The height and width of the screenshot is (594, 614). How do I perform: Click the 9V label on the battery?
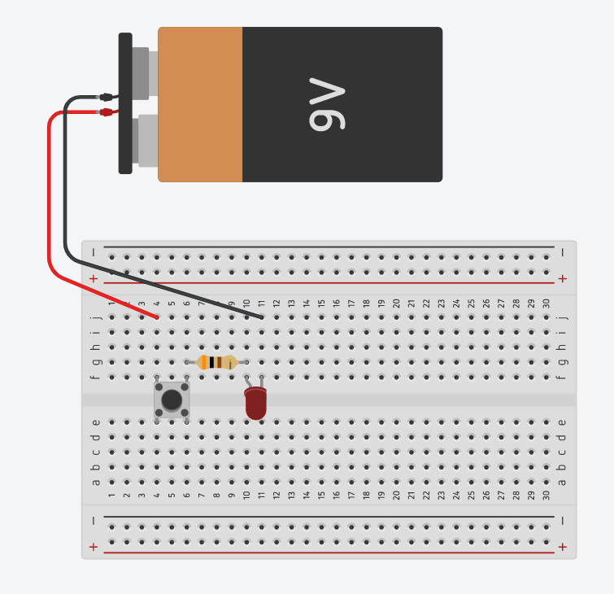328,105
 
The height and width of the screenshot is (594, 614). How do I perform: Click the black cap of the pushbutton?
172,400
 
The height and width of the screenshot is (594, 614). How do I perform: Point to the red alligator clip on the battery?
106,112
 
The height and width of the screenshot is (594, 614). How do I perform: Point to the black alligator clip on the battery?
106,97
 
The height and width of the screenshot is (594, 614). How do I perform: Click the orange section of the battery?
201,104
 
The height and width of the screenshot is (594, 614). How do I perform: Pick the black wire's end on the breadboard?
261,317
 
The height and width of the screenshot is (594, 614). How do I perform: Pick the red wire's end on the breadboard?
157,317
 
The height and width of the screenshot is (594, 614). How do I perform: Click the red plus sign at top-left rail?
94,278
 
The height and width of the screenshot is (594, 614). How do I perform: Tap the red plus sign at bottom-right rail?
563,547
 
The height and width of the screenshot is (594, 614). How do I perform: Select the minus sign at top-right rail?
563,252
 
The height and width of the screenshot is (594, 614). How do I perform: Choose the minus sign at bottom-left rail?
94,520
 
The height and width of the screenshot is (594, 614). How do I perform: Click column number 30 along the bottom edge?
546,495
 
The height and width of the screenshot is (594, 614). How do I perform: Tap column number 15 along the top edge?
321,304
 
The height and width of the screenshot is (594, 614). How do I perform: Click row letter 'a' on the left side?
96,482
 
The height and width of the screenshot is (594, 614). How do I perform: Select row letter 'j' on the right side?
561,317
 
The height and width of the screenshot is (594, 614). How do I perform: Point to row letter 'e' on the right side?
561,421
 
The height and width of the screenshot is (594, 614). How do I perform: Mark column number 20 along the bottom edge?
396,495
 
